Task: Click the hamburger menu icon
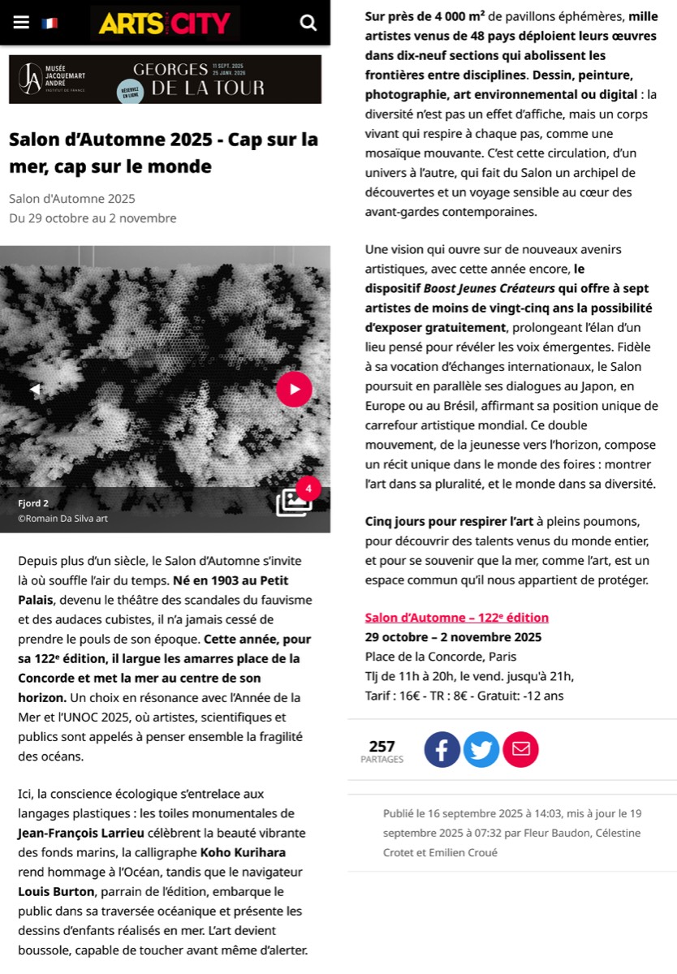21,23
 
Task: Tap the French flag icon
50,24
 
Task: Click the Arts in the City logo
165,23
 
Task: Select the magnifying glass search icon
308,23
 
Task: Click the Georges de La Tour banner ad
165,79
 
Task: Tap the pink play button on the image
294,389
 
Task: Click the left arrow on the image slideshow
35,390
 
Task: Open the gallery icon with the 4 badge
294,502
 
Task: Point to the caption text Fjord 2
33,503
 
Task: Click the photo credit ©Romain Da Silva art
63,519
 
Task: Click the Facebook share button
442,750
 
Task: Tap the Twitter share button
481,750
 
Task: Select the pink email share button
520,750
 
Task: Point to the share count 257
382,747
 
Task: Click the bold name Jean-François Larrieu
81,833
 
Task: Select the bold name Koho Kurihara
242,852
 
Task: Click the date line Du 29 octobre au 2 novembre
93,218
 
